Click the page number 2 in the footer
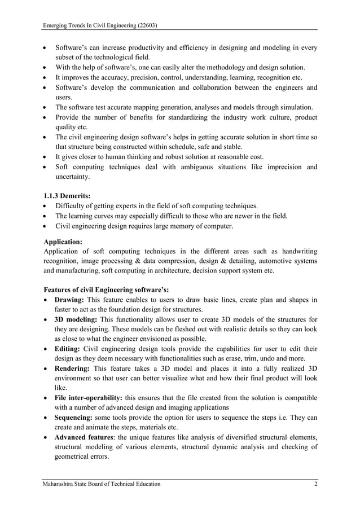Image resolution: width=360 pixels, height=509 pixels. click(314, 484)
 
